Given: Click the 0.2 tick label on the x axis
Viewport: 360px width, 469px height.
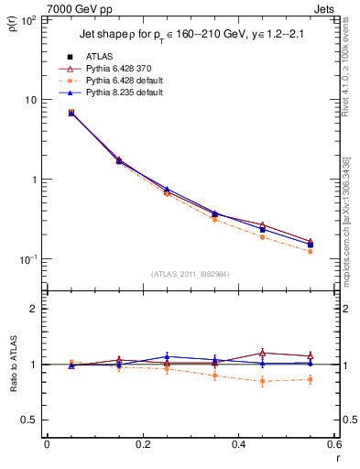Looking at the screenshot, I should click(142, 444).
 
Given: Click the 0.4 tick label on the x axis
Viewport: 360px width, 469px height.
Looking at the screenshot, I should click(238, 444).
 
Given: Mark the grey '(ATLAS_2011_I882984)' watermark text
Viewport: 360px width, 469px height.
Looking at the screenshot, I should click(190, 273).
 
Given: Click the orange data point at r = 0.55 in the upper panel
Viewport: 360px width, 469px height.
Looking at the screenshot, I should click(311, 251).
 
